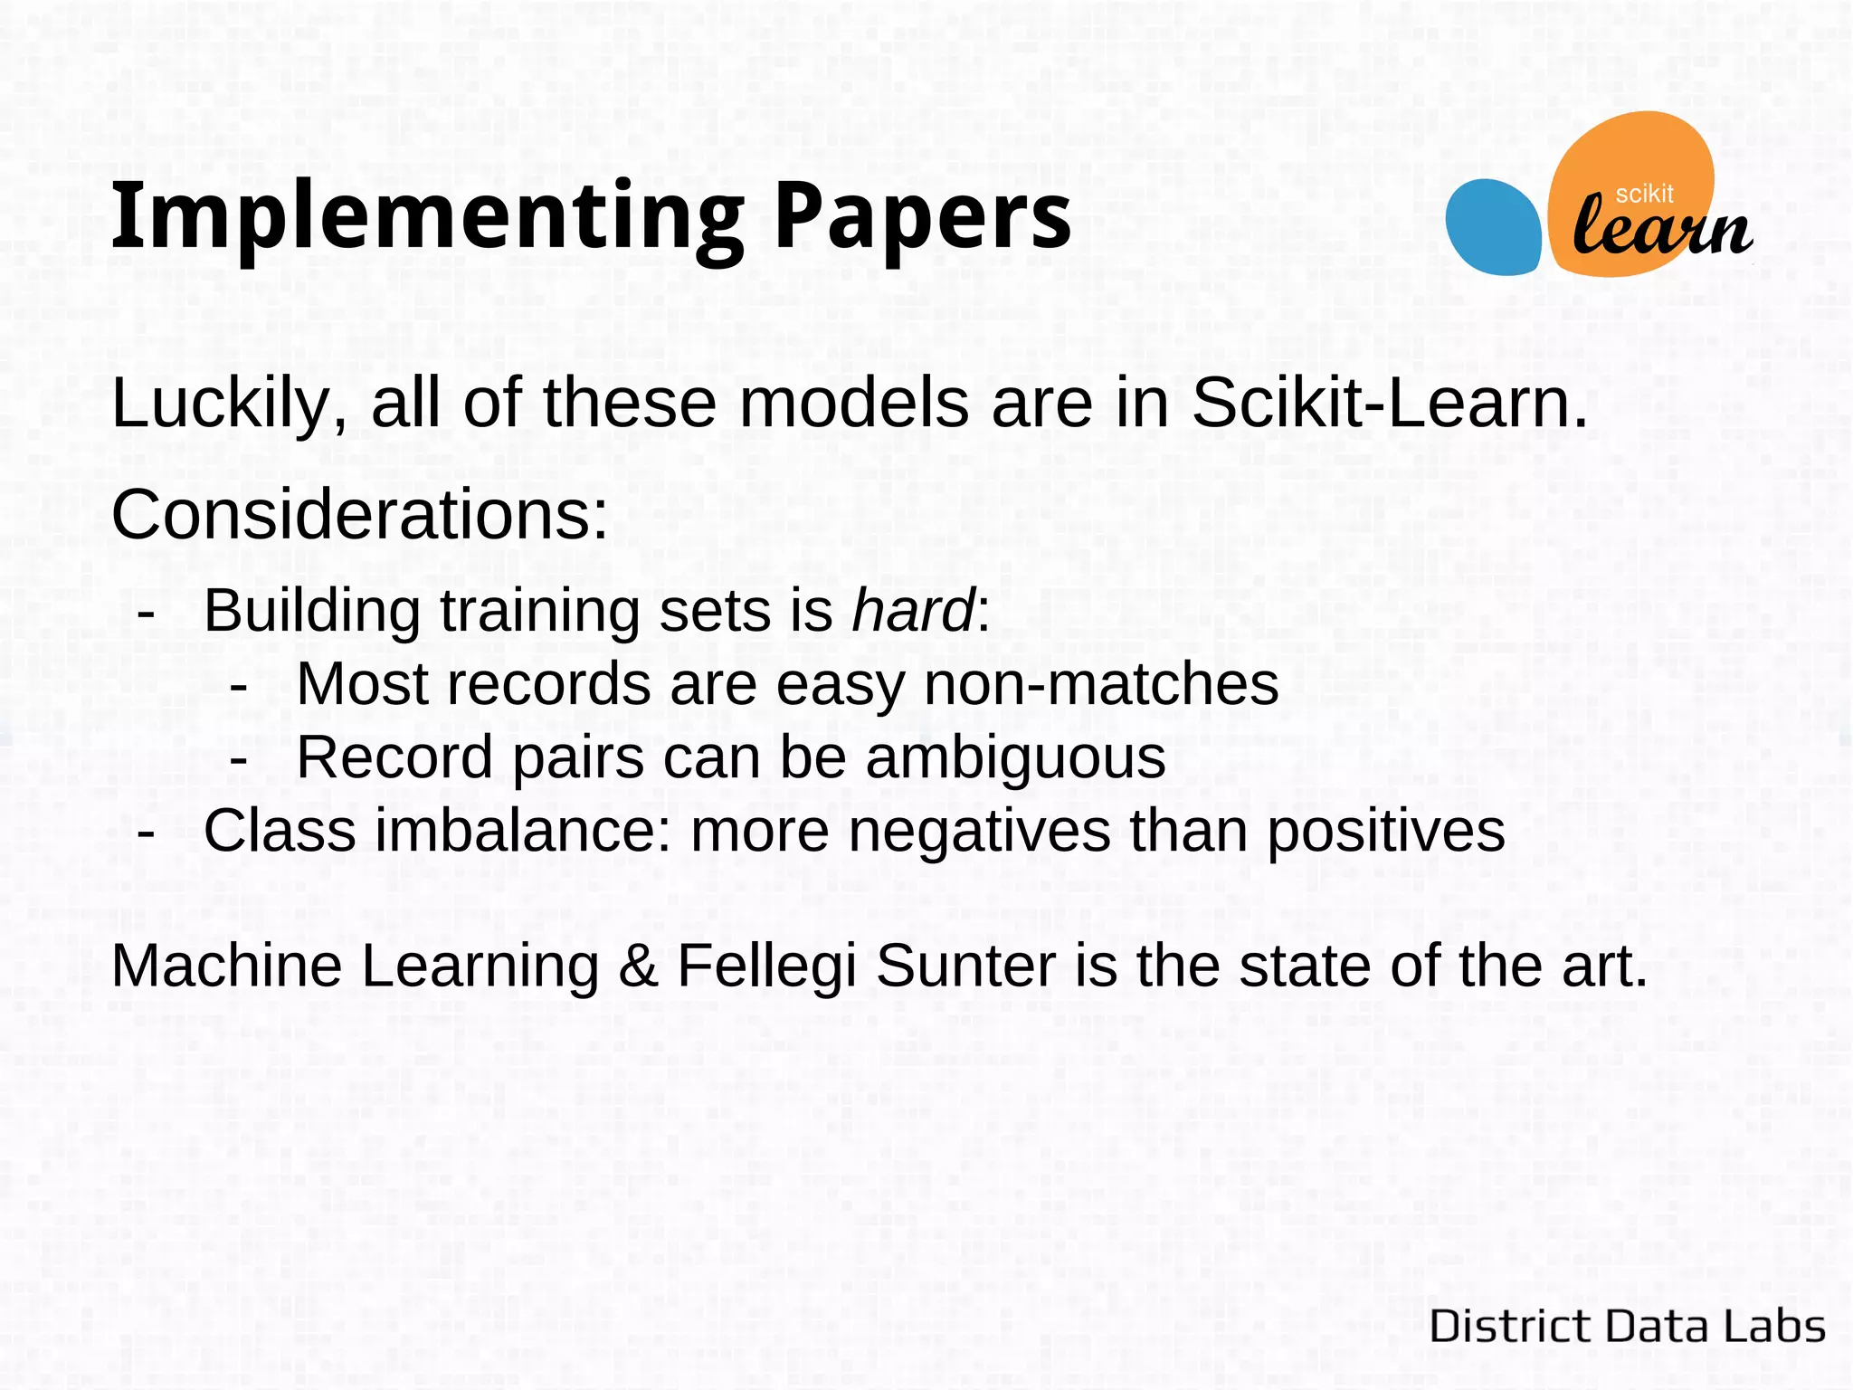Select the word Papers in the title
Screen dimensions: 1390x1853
[923, 217]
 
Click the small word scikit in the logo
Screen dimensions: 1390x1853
[1644, 194]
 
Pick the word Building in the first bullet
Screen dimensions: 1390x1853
[312, 612]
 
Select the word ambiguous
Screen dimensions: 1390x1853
[1015, 758]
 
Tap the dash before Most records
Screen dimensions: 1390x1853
[239, 686]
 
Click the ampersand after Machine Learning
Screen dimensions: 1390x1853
[639, 966]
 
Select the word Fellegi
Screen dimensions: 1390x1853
[766, 967]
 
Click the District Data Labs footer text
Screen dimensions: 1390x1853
[1627, 1327]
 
